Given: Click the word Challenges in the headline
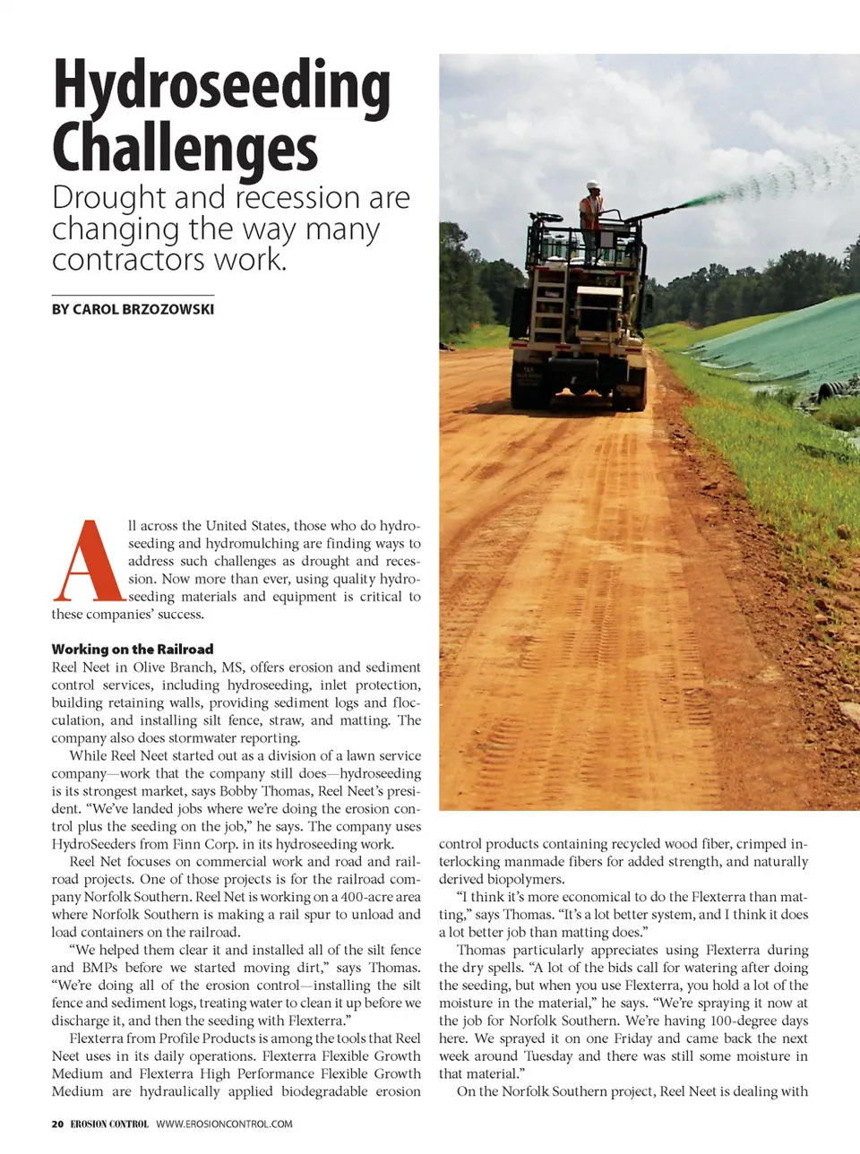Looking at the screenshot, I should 185,149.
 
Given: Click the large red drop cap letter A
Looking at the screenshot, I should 88,562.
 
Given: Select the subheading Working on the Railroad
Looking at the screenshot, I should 133,649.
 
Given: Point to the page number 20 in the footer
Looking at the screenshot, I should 57,1124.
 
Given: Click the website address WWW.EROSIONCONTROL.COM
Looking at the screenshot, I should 224,1124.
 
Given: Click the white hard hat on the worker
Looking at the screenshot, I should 592,186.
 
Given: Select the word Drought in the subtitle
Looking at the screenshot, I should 109,198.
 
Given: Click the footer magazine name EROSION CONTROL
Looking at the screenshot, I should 109,1124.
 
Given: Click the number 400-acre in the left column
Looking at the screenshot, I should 373,897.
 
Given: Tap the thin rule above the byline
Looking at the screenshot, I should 133,295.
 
